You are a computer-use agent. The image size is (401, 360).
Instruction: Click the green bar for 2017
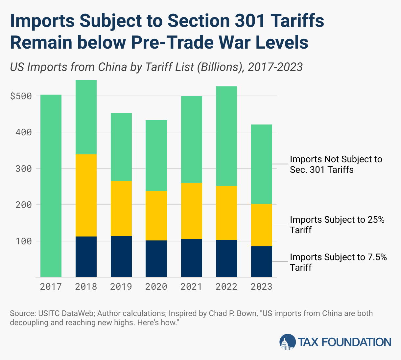[51, 186]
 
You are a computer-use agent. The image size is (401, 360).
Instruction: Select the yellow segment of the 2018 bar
[86, 195]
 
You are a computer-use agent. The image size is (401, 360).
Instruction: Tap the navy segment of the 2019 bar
[121, 256]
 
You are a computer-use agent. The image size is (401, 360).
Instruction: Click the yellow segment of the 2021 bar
[191, 211]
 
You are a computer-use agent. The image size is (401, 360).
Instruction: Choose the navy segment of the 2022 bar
[226, 259]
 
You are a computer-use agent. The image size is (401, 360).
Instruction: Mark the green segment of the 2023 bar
[261, 164]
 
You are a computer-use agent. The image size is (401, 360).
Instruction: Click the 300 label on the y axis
[24, 169]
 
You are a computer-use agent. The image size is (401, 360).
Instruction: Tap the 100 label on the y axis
[24, 241]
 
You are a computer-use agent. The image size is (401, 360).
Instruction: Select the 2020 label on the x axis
[156, 287]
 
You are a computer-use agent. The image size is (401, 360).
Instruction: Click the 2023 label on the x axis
[261, 287]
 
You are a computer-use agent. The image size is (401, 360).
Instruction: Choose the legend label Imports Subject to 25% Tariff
[337, 225]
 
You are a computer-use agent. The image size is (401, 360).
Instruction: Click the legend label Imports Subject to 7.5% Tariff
[338, 262]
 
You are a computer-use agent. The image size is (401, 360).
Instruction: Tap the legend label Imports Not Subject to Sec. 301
[336, 164]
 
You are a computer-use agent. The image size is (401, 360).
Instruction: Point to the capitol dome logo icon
[287, 342]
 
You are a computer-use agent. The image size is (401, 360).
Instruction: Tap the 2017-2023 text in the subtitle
[275, 67]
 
